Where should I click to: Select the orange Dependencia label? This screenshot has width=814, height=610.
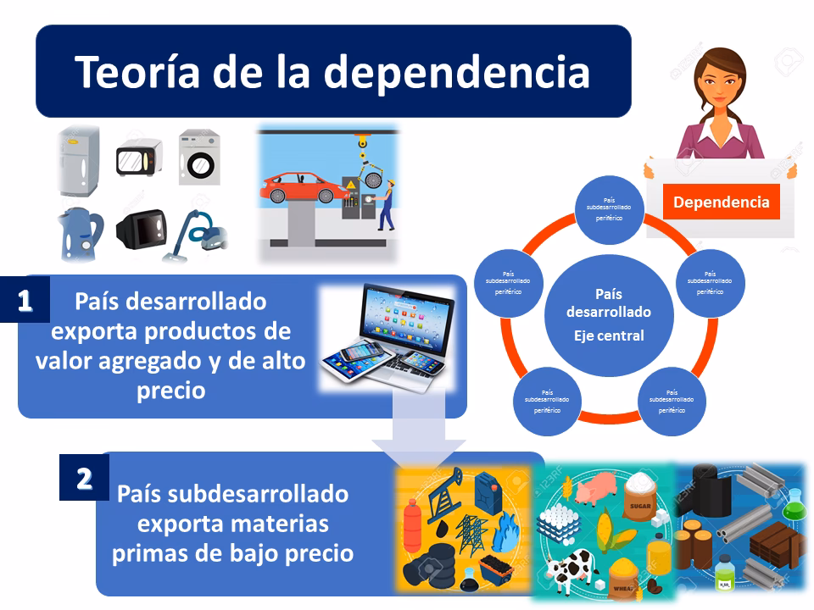tap(721, 202)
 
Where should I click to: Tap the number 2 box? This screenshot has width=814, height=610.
tap(84, 480)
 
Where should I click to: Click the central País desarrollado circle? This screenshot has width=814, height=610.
tap(608, 314)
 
